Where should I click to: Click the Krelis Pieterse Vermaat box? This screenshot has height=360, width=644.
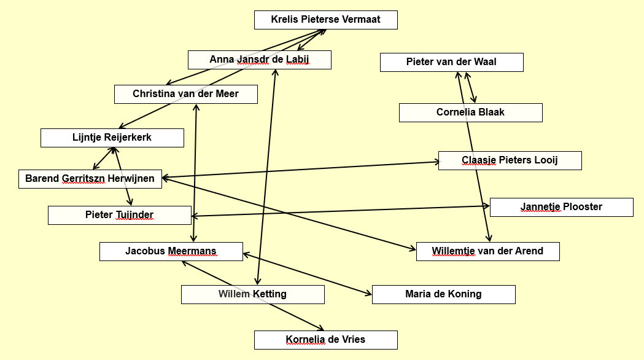(326, 20)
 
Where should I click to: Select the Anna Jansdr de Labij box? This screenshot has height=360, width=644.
(259, 60)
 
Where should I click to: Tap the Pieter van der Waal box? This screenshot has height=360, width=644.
(451, 62)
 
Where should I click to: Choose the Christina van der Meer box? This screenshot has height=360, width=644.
(185, 94)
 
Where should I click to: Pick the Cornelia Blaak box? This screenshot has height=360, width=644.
(470, 112)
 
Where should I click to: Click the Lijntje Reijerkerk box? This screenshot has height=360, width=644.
(112, 138)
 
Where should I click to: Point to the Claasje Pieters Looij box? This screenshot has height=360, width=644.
(510, 160)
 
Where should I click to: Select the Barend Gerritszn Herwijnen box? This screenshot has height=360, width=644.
(90, 179)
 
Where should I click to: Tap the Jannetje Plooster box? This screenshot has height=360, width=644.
(561, 207)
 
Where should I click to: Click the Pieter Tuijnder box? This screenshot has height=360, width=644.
(119, 215)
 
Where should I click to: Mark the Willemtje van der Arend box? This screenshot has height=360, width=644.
(487, 251)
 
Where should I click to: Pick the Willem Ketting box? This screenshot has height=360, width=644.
(252, 294)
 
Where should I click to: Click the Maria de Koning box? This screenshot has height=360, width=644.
(443, 294)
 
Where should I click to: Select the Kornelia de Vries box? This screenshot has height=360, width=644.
(326, 340)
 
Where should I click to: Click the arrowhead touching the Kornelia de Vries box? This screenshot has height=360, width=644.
(320, 329)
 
